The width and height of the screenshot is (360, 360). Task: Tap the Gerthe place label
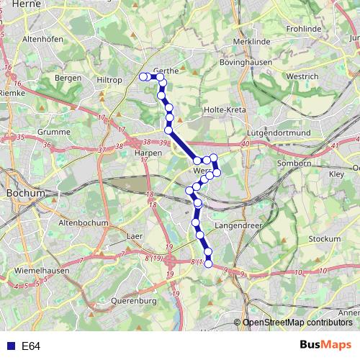[x=166, y=71]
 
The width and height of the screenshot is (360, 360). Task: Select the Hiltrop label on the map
[x=109, y=80]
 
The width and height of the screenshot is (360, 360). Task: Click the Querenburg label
[x=135, y=300]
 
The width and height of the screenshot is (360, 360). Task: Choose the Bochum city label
[x=25, y=194]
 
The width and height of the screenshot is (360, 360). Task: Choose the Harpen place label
[x=147, y=152]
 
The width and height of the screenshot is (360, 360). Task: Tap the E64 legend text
[x=31, y=346]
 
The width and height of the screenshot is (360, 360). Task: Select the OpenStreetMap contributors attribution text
[x=297, y=323]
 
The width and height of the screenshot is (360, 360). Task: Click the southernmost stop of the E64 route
[x=209, y=264]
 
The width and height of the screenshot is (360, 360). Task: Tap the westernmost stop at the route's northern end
[x=143, y=76]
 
